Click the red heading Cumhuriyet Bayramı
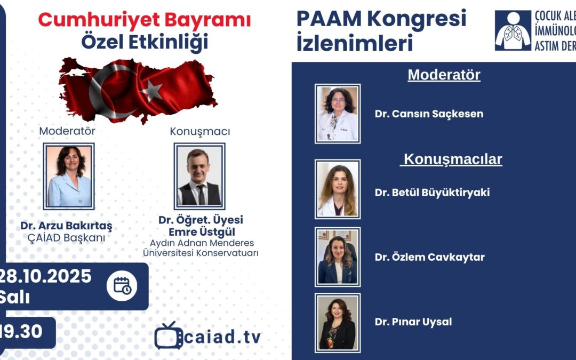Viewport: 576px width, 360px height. coord(145,20)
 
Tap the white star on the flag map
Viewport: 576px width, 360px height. coord(152,91)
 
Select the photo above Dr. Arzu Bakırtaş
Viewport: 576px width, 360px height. coord(69,177)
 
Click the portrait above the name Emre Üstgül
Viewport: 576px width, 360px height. coord(199,177)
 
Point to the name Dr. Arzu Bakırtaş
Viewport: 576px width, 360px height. coord(66,226)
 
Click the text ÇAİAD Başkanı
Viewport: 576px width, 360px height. coord(67,238)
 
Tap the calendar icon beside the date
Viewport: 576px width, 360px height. coord(122,286)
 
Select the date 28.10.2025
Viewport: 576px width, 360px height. coord(45,276)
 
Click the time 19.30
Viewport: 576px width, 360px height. coord(21,332)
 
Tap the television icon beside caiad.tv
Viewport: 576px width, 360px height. coord(169,335)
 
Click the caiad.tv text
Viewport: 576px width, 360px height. coord(222,337)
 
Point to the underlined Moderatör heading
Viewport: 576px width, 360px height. coord(444,75)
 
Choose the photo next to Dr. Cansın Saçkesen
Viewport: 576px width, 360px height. coord(338,114)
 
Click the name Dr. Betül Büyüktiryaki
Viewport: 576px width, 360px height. coord(433,193)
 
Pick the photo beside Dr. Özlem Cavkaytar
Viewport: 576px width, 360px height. coord(338,257)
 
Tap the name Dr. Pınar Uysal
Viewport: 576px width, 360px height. coord(413,322)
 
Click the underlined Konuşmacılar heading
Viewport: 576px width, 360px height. coord(451,159)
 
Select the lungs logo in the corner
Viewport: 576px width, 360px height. coord(513,30)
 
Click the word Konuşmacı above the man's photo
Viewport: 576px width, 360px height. coord(200,132)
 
